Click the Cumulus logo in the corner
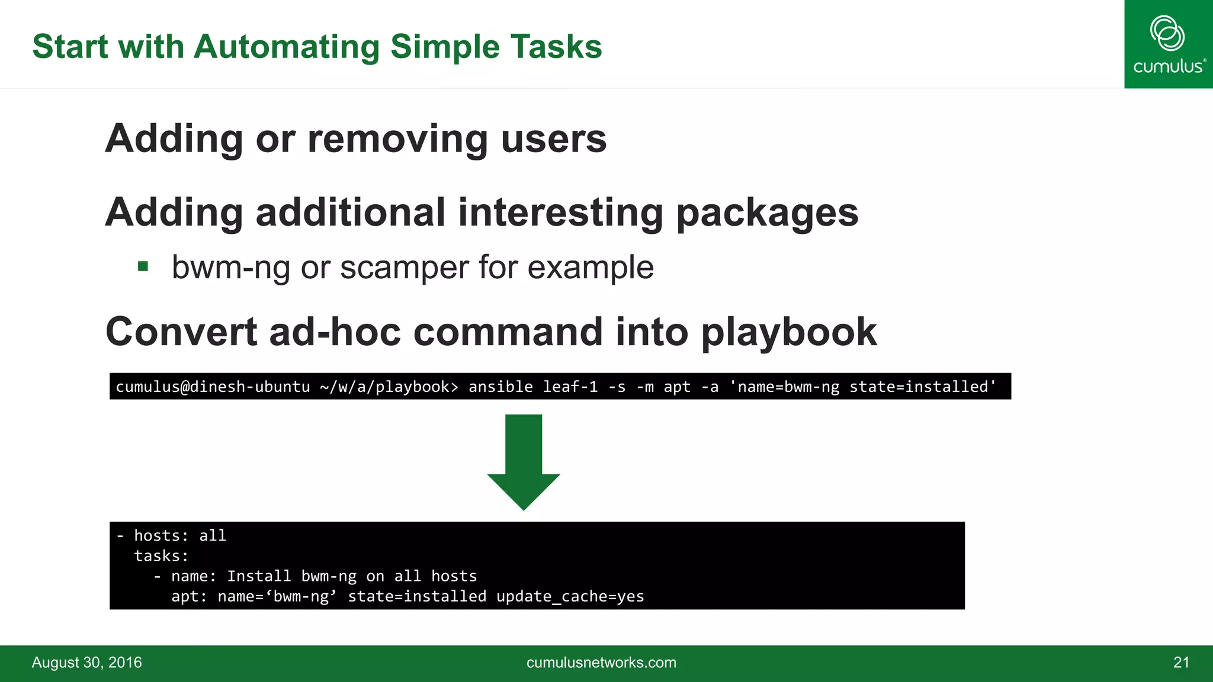click(1168, 44)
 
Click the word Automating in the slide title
click(286, 47)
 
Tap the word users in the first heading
click(553, 139)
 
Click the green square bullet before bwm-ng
click(143, 266)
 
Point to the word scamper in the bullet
click(404, 267)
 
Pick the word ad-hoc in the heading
click(335, 332)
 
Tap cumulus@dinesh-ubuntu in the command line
click(213, 387)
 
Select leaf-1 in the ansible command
click(570, 387)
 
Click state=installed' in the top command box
click(923, 387)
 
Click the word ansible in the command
click(500, 387)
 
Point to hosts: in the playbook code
click(161, 536)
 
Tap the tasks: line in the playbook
click(161, 556)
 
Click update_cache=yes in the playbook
click(570, 596)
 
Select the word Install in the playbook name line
click(259, 576)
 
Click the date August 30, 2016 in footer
click(86, 662)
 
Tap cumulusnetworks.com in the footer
click(601, 662)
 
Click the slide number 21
click(1181, 662)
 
